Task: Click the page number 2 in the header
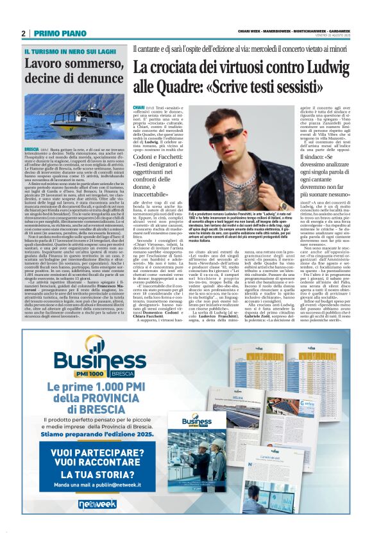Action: click(x=23, y=33)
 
